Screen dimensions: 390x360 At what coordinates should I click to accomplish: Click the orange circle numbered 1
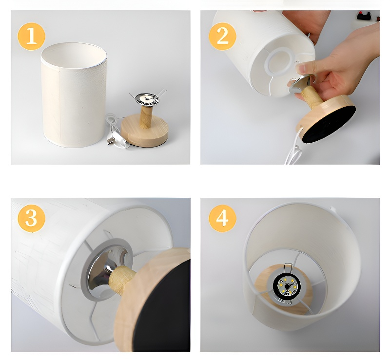point(31,37)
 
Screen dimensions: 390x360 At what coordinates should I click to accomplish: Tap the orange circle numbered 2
point(222,37)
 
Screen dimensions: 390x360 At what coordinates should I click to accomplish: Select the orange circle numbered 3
point(31,219)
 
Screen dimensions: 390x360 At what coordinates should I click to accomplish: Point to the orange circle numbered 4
point(222,219)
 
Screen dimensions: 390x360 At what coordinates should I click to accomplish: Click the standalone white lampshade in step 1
point(74,95)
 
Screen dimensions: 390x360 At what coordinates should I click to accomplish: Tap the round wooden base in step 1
point(144,131)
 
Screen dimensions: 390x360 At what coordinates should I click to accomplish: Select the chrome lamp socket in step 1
point(147,99)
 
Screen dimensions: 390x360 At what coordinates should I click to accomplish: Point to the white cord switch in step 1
point(118,141)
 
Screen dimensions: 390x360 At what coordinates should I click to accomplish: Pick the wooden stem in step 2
point(312,95)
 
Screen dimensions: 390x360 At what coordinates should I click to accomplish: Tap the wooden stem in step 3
point(122,280)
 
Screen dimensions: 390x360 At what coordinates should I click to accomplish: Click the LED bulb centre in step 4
point(287,286)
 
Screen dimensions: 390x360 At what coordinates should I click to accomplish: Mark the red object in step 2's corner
point(364,16)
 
